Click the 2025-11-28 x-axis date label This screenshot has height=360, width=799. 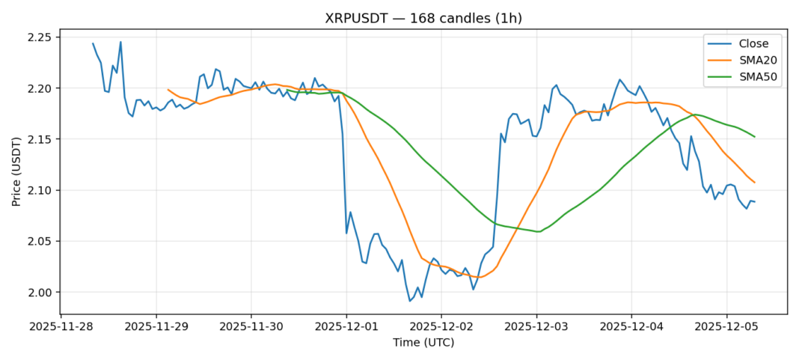[x=61, y=327]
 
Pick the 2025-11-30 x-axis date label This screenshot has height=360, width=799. [x=251, y=327]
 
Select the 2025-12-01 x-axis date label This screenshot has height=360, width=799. [x=346, y=327]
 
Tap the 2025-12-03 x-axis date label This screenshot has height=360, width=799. [x=536, y=327]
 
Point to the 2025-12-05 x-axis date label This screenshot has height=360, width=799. [x=726, y=327]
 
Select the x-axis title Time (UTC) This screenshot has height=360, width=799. [x=423, y=343]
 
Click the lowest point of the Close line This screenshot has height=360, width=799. [x=410, y=301]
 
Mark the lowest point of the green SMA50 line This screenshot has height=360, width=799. [x=539, y=231]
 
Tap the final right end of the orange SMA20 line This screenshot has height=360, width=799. [x=755, y=183]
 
